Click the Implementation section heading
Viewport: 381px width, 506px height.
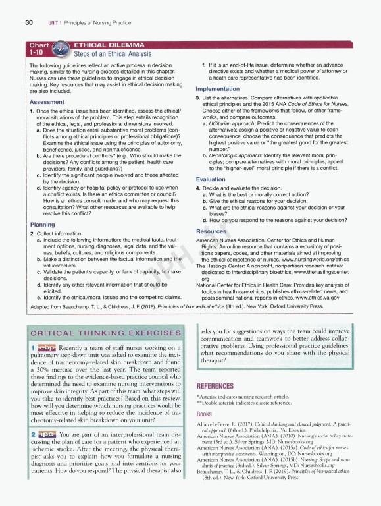pos(222,89)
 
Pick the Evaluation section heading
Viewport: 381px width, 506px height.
pos(211,179)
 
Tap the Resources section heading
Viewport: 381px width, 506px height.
pos(211,231)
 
